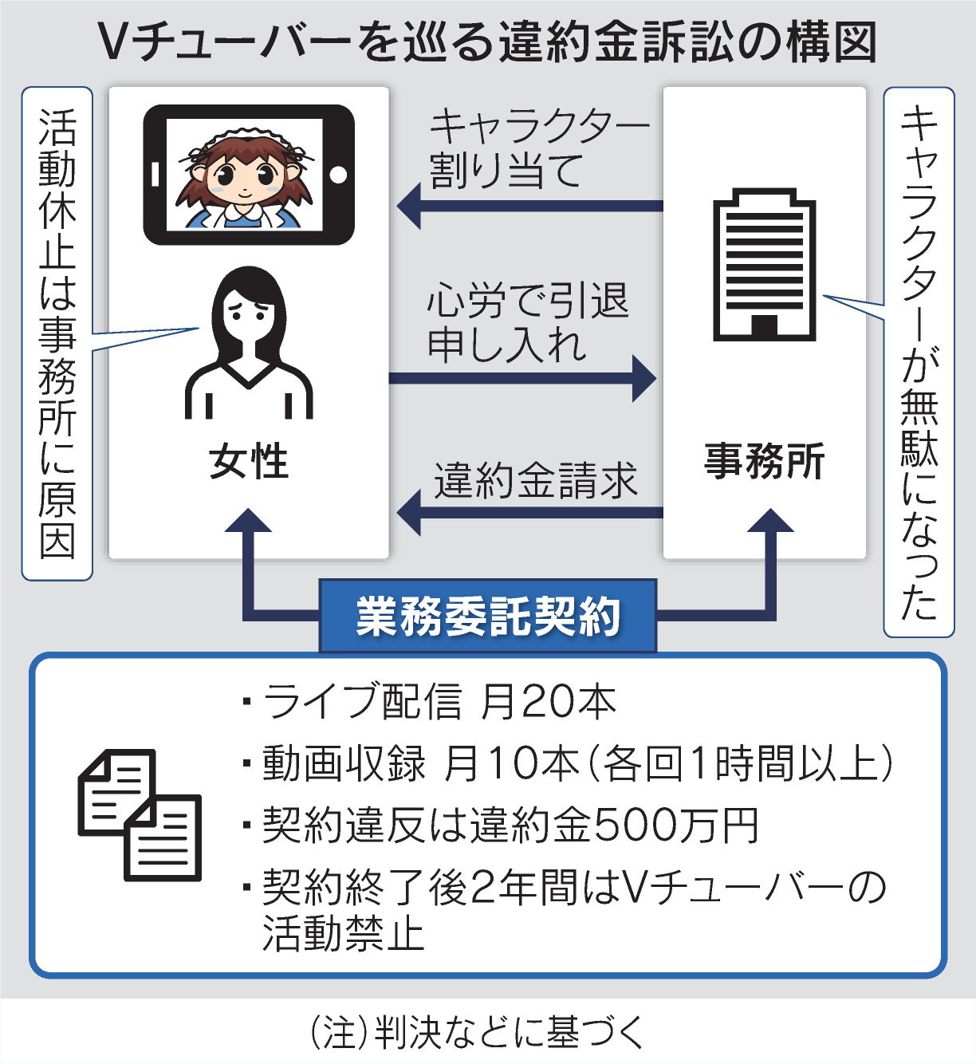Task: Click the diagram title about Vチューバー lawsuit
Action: (x=488, y=41)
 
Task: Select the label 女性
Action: (x=249, y=463)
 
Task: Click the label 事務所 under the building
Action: (x=764, y=462)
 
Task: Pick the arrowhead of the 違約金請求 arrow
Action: (x=410, y=513)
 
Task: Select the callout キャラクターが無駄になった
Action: (x=919, y=363)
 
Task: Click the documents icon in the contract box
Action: (x=140, y=814)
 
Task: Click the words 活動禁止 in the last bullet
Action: (x=343, y=933)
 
